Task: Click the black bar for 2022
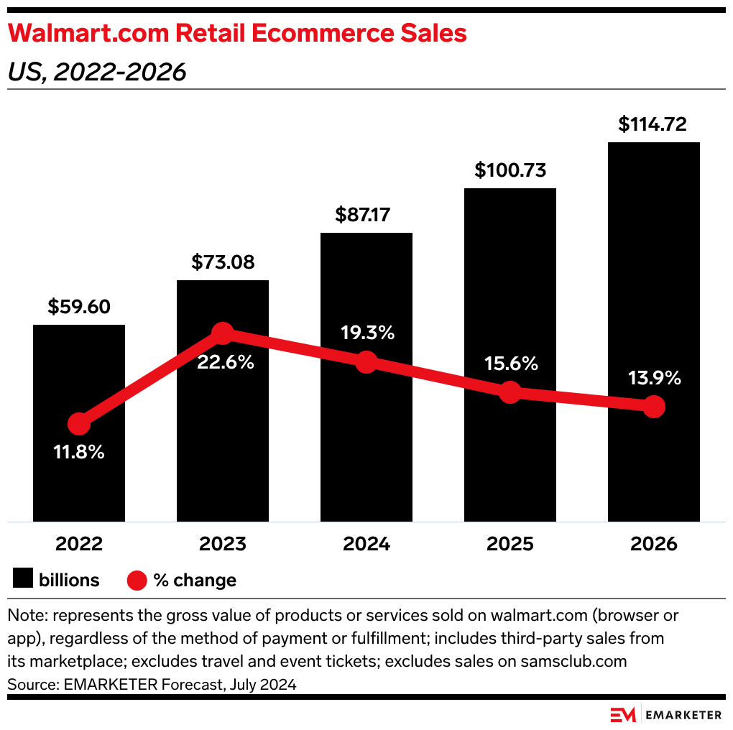[79, 374]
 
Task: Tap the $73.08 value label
[223, 262]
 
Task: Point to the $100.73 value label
[510, 170]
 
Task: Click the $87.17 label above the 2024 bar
[366, 215]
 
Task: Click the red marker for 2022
[79, 425]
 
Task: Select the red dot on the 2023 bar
[223, 333]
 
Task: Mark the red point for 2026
[653, 407]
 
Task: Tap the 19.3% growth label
[366, 333]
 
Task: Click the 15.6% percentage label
[510, 364]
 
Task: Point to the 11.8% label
[79, 453]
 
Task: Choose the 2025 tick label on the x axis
[510, 544]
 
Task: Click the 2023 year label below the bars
[223, 544]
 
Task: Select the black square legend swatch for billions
[23, 580]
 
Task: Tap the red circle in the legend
[137, 580]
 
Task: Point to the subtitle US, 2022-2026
[96, 72]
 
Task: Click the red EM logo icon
[622, 714]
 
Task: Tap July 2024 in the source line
[262, 684]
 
